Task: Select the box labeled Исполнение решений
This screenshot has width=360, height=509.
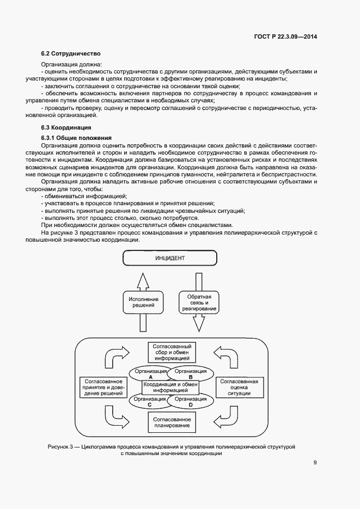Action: coord(143,303)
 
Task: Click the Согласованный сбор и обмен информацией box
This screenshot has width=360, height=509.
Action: coord(171,353)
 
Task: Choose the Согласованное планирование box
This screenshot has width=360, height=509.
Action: coord(171,421)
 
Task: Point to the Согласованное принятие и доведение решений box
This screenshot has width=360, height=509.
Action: coord(102,387)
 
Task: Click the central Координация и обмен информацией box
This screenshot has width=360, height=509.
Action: coord(171,387)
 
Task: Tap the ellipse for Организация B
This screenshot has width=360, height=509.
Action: coord(191,373)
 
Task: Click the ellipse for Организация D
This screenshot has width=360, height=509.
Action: coord(191,401)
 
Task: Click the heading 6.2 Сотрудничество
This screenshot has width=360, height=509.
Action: coord(71,54)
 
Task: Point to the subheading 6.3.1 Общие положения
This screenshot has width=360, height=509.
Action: coord(76,138)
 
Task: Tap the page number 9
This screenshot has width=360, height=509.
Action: coord(315,463)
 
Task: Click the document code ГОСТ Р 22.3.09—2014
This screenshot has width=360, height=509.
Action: coord(285,38)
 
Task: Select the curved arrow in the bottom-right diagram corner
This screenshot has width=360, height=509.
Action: coord(225,418)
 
